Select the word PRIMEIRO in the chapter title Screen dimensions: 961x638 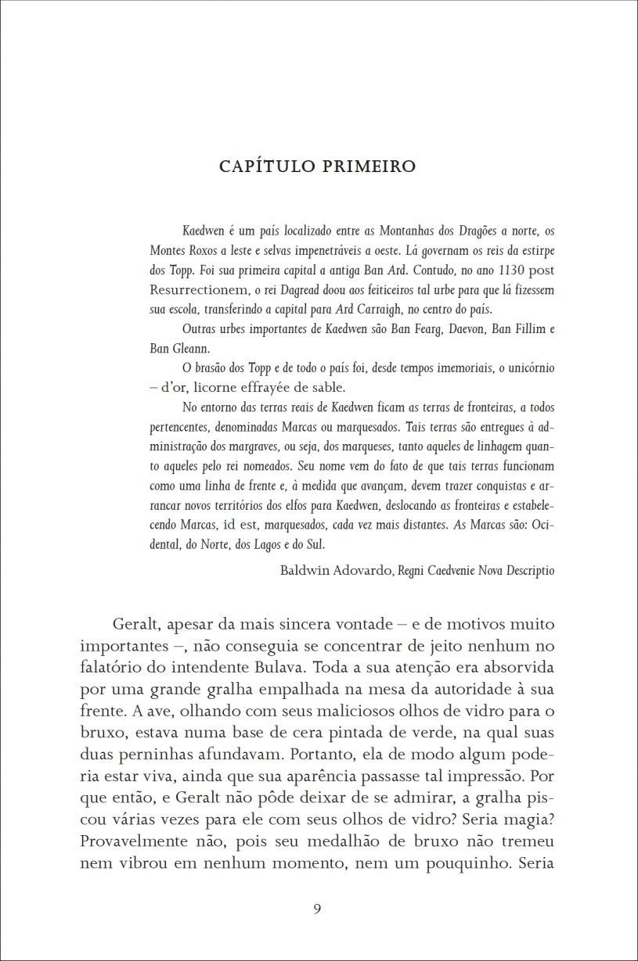[x=369, y=167]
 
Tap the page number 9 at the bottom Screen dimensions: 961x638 [x=317, y=908]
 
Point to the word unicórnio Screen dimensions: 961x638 [x=526, y=368]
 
